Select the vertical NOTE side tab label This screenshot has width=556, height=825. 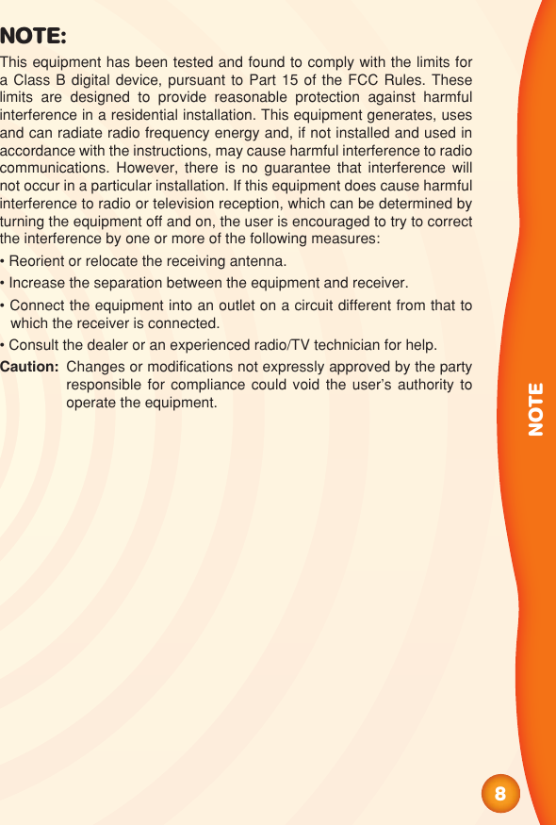(535, 408)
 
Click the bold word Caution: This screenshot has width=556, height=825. (30, 367)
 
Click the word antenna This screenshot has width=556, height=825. (254, 261)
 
